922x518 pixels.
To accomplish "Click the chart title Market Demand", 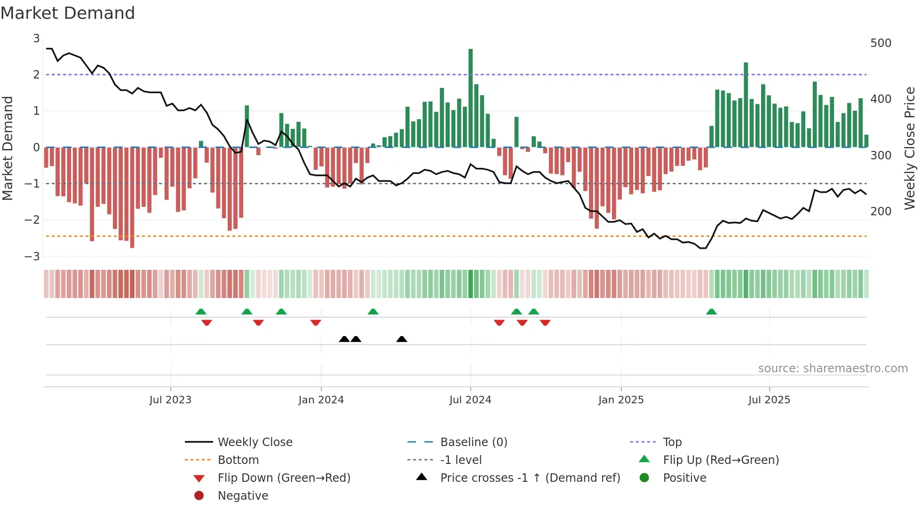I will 68,13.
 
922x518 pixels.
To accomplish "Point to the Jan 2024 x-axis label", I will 321,400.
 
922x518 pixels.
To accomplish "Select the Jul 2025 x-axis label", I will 769,400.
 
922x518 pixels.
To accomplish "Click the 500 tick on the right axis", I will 881,43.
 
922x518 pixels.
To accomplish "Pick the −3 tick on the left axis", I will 32,257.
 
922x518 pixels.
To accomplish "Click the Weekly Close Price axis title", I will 910,148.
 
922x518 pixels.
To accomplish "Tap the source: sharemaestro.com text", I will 833,369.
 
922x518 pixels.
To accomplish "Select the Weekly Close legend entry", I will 254,442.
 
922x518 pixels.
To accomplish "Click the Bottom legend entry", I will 238,460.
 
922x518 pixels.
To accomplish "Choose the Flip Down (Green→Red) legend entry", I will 284,478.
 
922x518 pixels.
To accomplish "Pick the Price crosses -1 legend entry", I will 530,478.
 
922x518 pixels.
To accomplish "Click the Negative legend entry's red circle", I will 199,496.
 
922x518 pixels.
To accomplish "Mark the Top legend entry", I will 672,442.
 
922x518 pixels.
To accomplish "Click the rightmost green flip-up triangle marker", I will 711,312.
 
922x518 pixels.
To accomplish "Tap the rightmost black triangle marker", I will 402,339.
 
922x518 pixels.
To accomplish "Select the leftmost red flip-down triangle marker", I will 207,322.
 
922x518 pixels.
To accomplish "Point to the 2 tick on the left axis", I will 36,75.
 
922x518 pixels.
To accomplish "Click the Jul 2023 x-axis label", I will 170,400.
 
